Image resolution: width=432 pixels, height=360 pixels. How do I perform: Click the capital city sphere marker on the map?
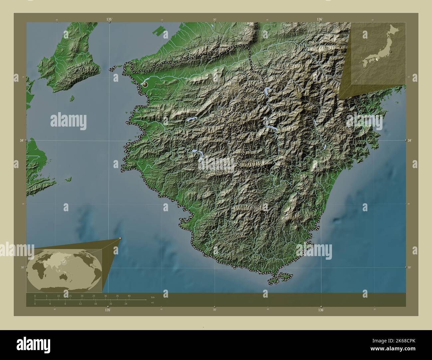tap(145, 85)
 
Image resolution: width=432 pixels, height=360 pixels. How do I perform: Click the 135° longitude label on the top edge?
tap(109, 20)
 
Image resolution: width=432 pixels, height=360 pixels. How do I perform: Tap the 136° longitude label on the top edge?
tap(320, 20)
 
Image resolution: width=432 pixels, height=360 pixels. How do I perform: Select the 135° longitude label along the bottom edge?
tap(107, 310)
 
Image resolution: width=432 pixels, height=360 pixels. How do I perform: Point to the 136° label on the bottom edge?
tap(321, 310)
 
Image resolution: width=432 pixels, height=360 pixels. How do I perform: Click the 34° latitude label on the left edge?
tap(22, 140)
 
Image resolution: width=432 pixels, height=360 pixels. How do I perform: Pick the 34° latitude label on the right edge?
tap(411, 140)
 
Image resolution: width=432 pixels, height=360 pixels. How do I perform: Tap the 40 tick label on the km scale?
tap(129, 296)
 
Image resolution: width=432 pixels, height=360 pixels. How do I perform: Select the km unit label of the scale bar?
tap(153, 297)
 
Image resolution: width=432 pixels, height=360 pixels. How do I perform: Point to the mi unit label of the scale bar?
tap(152, 303)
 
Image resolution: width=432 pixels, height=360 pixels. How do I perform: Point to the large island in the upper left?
tap(68, 70)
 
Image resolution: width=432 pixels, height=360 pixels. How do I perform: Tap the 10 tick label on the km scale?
tap(58, 296)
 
